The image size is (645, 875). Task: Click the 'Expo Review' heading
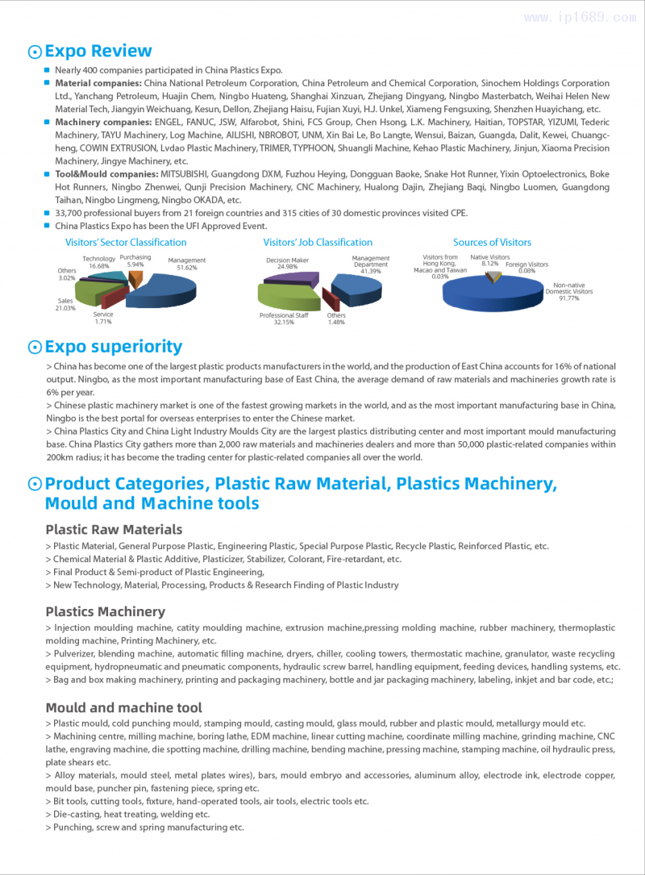(98, 52)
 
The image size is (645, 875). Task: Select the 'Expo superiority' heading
(114, 347)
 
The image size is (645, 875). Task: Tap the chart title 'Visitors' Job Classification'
(318, 242)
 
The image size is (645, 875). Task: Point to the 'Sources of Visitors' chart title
(492, 242)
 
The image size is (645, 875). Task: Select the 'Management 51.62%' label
(186, 264)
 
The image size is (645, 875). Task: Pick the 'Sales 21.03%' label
(65, 304)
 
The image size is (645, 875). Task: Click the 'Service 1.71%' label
(103, 318)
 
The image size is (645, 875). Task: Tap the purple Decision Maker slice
(289, 278)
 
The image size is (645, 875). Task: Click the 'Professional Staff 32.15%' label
(284, 319)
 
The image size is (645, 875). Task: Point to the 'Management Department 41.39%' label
(371, 265)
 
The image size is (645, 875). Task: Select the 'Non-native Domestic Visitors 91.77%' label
(569, 291)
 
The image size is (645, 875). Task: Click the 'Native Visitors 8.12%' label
(490, 260)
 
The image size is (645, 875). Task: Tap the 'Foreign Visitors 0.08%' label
(526, 268)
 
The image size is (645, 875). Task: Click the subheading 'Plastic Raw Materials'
(114, 530)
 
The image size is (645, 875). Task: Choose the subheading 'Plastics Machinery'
(105, 611)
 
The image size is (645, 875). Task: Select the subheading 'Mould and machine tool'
(123, 708)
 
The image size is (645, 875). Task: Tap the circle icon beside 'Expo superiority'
(35, 348)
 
